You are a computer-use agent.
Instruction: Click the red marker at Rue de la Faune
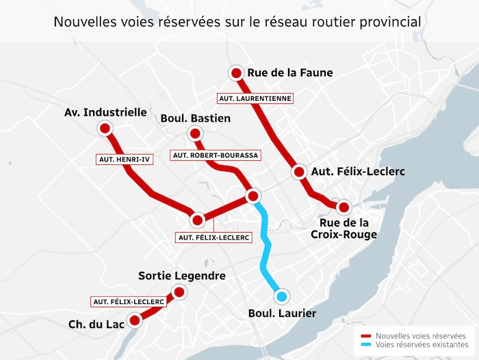pos(236,73)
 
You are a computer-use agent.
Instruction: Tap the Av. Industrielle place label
pos(105,112)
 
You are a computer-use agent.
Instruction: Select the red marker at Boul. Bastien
pos(195,133)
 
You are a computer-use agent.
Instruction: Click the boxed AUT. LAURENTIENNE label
pos(255,99)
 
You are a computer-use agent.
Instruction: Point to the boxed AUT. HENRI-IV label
pos(125,159)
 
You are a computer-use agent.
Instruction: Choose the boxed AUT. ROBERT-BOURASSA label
pos(216,155)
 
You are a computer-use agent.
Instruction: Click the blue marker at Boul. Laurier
pos(281,296)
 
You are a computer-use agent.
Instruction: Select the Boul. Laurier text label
pos(282,313)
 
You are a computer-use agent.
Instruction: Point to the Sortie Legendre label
pos(181,276)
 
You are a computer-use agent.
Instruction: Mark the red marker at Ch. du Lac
pos(135,320)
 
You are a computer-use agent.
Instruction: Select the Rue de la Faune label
pos(290,73)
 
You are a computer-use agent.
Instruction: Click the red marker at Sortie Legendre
pos(179,292)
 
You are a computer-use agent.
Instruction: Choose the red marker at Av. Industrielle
pos(105,128)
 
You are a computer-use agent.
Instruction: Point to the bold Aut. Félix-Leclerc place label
pos(358,171)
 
